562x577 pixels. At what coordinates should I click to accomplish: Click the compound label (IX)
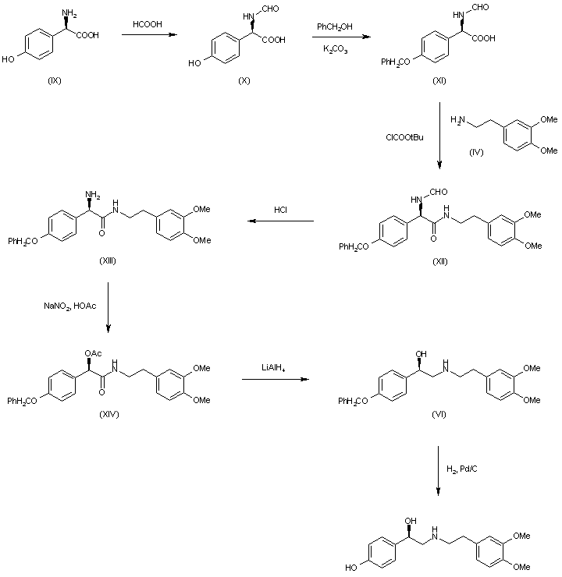click(x=55, y=83)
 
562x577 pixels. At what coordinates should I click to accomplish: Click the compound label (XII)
click(x=440, y=259)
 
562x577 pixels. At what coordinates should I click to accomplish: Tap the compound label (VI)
click(x=439, y=412)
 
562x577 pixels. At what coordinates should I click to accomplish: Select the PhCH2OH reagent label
click(x=333, y=27)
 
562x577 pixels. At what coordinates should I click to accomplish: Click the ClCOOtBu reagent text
click(x=404, y=137)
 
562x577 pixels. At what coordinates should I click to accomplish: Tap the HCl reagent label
click(x=281, y=209)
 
